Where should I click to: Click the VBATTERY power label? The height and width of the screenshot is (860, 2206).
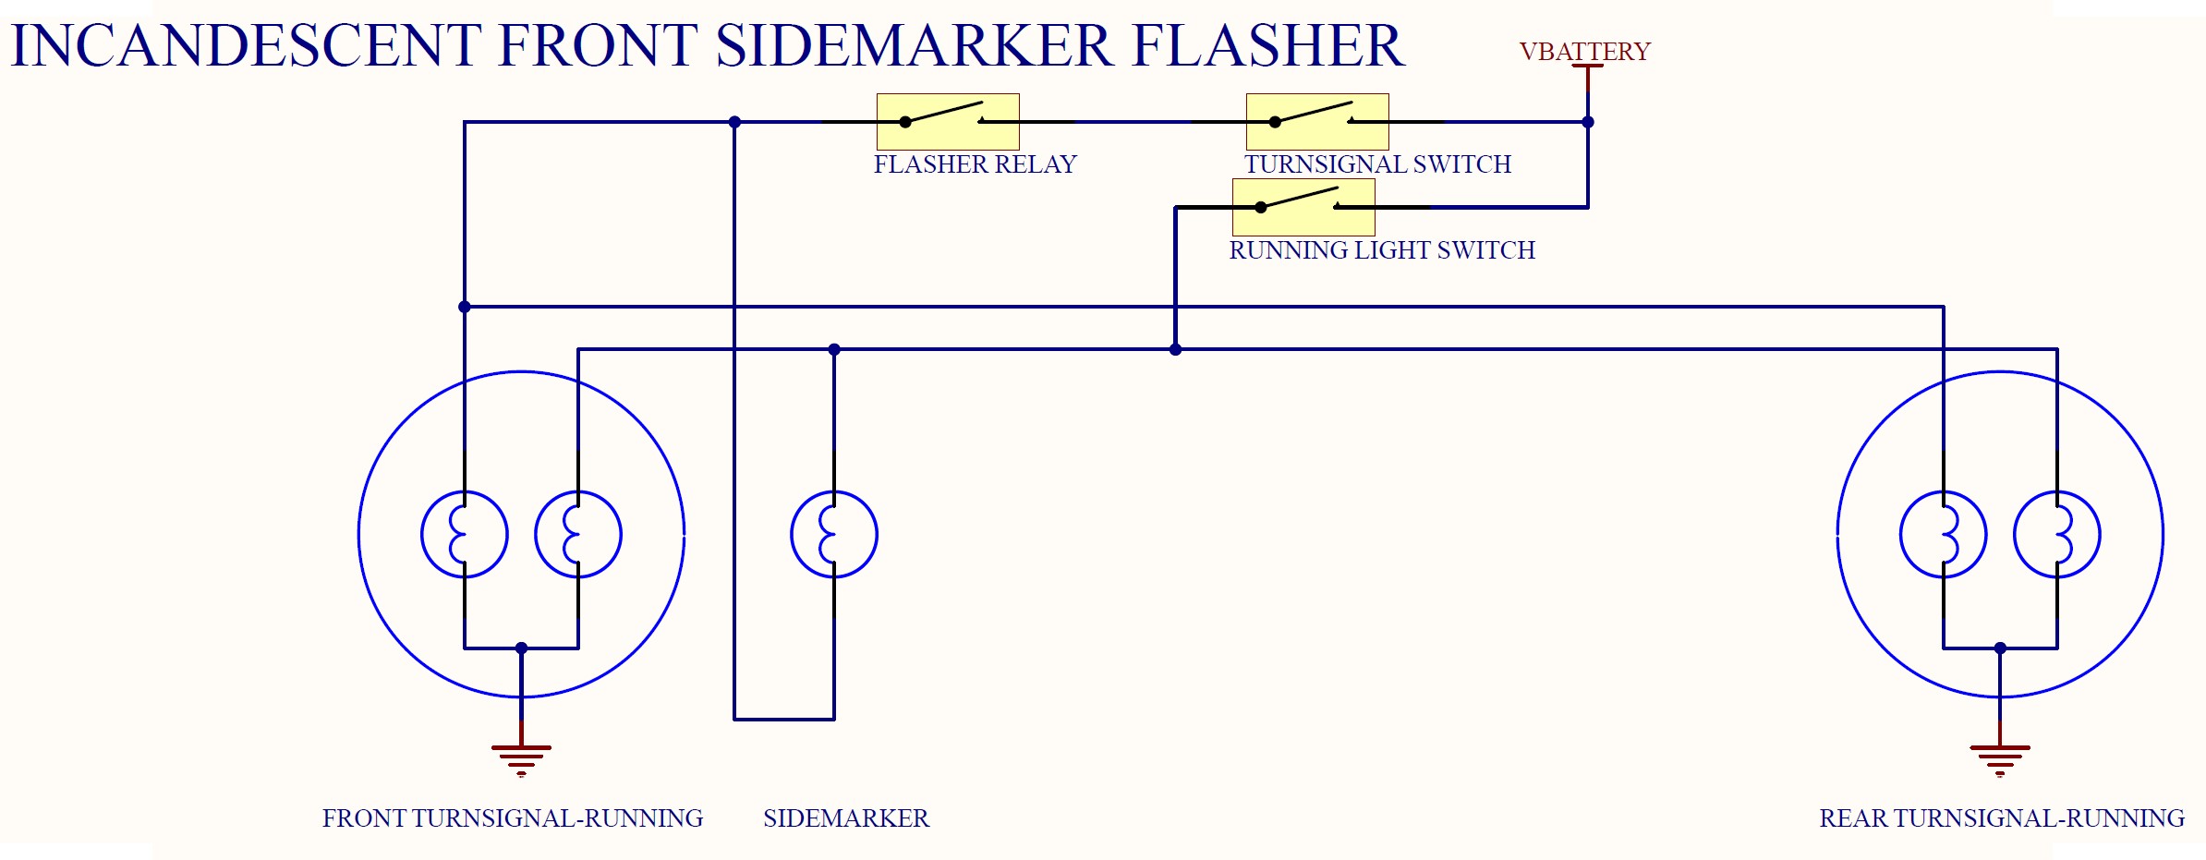[x=1584, y=52]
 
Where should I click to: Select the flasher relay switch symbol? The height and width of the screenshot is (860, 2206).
[x=948, y=121]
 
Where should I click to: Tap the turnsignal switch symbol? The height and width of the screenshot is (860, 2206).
[x=1317, y=121]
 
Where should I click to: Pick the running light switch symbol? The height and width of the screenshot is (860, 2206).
[x=1303, y=207]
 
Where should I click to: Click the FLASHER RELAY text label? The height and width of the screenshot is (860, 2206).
[x=976, y=164]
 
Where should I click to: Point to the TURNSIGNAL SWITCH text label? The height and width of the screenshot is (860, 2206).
[x=1377, y=164]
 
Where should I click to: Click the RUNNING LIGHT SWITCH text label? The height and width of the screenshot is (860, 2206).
[x=1382, y=250]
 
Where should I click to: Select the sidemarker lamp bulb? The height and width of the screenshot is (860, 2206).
[x=834, y=534]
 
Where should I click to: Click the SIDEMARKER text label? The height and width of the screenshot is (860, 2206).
[x=846, y=818]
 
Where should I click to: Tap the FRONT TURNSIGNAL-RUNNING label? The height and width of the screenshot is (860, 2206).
[x=513, y=818]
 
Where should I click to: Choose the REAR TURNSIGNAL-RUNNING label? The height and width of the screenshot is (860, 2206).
[x=2002, y=818]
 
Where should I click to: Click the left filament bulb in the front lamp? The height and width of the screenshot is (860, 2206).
[x=465, y=534]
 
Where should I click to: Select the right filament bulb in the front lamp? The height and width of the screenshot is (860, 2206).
[x=578, y=534]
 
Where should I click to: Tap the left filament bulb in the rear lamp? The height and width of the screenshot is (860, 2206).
[x=1944, y=534]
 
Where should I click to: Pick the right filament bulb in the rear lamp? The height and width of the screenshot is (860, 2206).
[x=2057, y=534]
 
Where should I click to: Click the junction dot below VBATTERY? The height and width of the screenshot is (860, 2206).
[x=1588, y=122]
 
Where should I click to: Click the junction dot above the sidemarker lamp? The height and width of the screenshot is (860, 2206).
[x=834, y=349]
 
